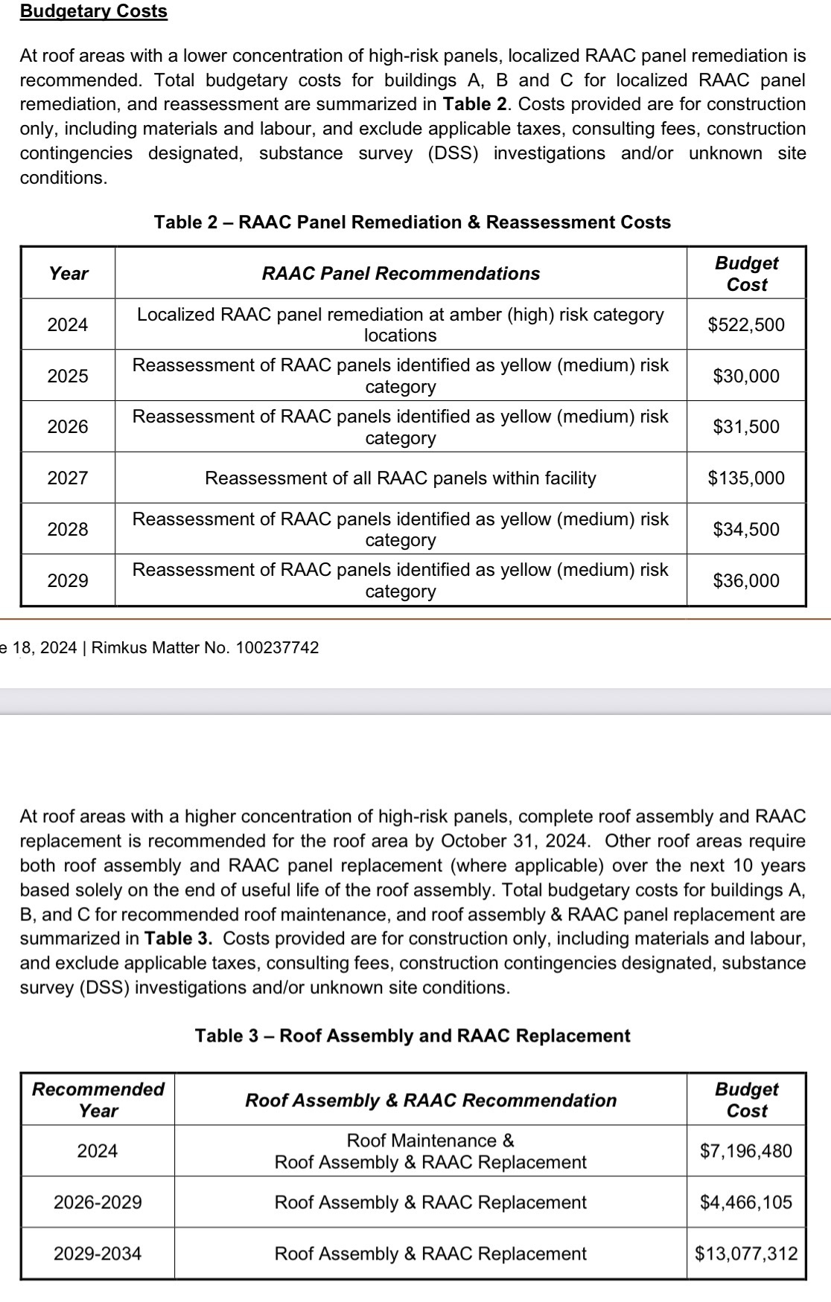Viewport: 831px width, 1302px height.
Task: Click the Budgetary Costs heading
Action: pyautogui.click(x=94, y=11)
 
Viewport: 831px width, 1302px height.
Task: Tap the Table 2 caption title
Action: pyautogui.click(x=412, y=222)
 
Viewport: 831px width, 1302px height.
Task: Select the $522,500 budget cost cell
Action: pyautogui.click(x=746, y=324)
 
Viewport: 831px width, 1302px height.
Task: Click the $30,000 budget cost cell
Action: pyautogui.click(x=746, y=376)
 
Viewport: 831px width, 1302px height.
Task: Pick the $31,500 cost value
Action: pyautogui.click(x=746, y=426)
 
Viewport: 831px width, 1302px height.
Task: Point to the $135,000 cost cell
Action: pyautogui.click(x=746, y=478)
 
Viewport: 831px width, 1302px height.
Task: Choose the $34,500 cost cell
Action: pyautogui.click(x=746, y=529)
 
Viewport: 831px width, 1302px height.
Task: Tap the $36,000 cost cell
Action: pyautogui.click(x=746, y=580)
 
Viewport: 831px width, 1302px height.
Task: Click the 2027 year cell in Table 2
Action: pyautogui.click(x=68, y=478)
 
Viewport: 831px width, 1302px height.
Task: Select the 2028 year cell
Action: pyautogui.click(x=68, y=529)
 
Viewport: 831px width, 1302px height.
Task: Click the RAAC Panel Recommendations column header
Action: pyautogui.click(x=401, y=273)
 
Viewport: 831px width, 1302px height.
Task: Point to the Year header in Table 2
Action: pyautogui.click(x=69, y=273)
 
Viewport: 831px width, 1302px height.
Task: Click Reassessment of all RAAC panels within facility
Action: pyautogui.click(x=401, y=478)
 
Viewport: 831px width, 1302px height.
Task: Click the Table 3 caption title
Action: pyautogui.click(x=413, y=1036)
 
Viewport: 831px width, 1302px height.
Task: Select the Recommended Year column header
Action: pyautogui.click(x=98, y=1100)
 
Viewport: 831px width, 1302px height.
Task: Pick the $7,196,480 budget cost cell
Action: pyautogui.click(x=746, y=1151)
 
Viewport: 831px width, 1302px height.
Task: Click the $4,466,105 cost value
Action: pyautogui.click(x=746, y=1202)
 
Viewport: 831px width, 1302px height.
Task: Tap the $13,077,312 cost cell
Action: pyautogui.click(x=746, y=1254)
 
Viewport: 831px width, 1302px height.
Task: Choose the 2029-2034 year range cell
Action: pyautogui.click(x=98, y=1254)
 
